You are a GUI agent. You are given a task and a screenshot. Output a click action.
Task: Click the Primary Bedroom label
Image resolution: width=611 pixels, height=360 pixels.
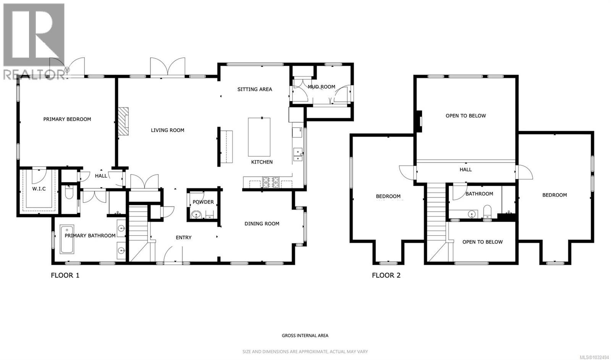point(67,119)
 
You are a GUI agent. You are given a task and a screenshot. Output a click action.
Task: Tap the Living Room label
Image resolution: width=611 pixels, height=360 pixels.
point(167,130)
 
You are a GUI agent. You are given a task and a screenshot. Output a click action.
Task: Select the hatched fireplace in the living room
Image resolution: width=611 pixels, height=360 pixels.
point(123,121)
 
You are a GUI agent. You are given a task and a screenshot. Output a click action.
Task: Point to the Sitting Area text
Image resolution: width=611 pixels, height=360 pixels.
point(255,89)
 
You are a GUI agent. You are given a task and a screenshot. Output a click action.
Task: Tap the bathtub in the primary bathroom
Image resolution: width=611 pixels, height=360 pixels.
point(67,240)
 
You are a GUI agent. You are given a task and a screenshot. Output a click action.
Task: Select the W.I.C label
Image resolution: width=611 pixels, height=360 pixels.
point(39,189)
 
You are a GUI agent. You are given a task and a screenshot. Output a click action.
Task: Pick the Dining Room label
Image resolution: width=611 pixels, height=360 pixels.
point(262,224)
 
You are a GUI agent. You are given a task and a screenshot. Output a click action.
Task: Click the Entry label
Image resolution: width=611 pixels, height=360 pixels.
point(184,238)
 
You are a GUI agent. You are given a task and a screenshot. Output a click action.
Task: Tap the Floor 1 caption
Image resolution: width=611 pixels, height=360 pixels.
point(65,275)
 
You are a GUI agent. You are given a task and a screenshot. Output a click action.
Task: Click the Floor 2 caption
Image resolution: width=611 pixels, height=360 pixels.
point(386,275)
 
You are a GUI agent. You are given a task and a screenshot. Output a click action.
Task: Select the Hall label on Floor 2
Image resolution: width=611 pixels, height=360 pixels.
point(466,170)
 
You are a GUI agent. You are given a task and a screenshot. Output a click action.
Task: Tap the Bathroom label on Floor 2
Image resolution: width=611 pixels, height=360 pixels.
point(479,194)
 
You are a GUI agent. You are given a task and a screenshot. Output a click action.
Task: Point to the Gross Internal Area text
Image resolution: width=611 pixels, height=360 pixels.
point(305,336)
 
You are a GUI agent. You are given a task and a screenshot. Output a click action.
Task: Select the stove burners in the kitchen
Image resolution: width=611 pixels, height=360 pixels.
point(270,182)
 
